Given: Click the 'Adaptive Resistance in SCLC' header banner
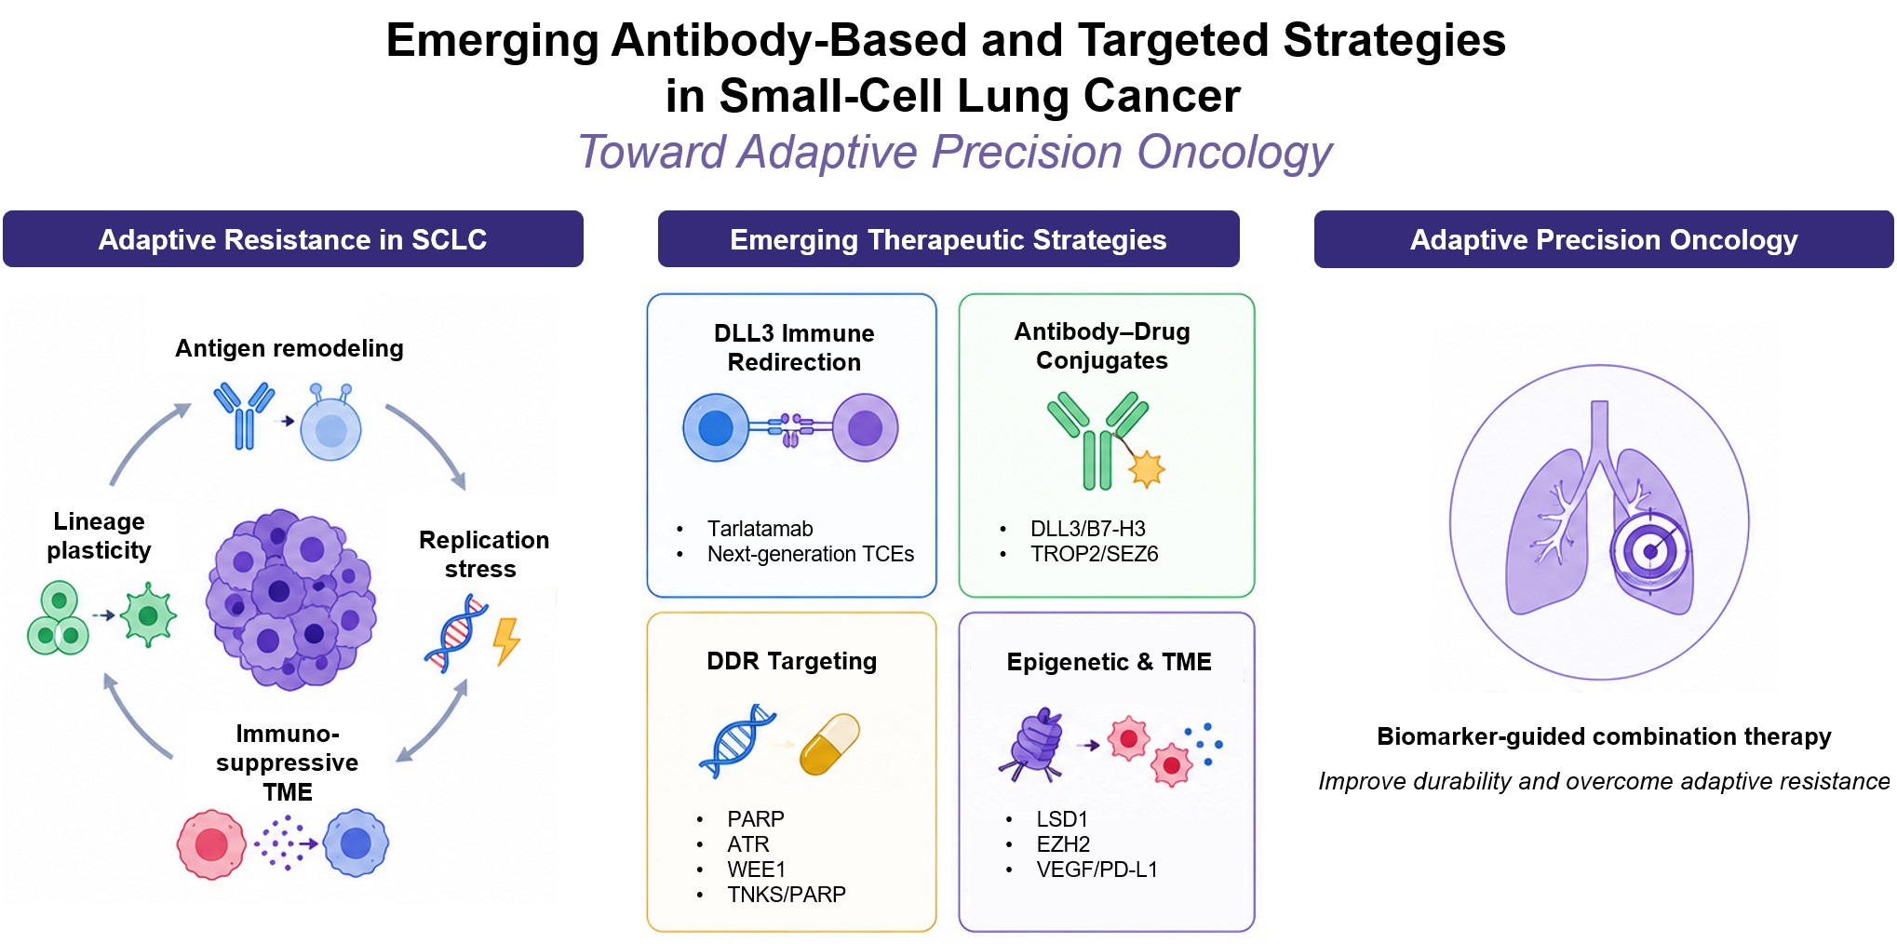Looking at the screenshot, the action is tap(293, 239).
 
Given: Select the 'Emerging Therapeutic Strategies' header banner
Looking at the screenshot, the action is tap(948, 239).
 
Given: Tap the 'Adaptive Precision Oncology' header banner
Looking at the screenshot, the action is tap(1604, 239).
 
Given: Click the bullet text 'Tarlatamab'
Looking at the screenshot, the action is tap(760, 529).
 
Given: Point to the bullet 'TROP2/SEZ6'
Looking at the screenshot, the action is tap(1094, 554).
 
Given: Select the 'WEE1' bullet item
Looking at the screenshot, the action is tap(756, 870).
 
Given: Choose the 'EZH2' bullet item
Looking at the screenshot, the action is tap(1063, 844).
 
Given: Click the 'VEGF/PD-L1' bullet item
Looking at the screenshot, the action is tap(1096, 870).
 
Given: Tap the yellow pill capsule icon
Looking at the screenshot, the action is tap(829, 744).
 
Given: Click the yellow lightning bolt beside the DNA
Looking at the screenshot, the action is tap(506, 641).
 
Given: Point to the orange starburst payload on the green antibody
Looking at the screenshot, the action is tap(1147, 468).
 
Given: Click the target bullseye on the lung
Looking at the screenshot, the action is tap(1649, 551).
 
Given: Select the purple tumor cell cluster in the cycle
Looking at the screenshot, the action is tap(290, 600).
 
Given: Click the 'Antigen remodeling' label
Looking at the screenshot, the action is tap(289, 348).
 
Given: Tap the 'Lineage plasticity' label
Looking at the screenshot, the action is tap(99, 535).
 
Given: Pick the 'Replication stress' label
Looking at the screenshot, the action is tap(483, 554).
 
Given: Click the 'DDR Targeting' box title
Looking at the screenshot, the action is tap(792, 661).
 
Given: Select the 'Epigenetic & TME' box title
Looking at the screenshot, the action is tap(1109, 662).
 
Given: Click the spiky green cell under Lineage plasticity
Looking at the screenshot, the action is tap(148, 614).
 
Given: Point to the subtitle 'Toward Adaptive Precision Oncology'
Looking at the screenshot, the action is tap(955, 152).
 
